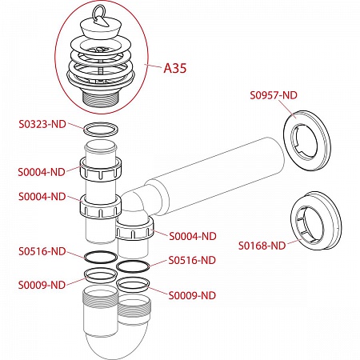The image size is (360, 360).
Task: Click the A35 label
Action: pos(174,68)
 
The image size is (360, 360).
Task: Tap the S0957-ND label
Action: pos(274,95)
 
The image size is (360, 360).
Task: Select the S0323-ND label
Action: pos(42,124)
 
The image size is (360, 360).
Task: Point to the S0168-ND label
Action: pos(262,246)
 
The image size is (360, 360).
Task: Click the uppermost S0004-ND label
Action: pos(42,172)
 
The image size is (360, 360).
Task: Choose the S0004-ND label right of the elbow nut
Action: pos(193,236)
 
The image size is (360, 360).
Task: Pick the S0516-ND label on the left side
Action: pos(42,251)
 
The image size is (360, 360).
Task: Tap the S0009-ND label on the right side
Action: pos(192,295)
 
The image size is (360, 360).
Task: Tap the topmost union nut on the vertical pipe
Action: pos(101,170)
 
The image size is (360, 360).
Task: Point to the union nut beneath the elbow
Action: pos(134,230)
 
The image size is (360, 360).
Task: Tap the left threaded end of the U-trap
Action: pos(101,298)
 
